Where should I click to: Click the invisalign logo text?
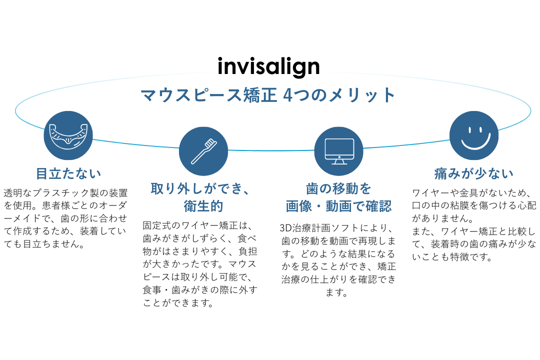(268, 66)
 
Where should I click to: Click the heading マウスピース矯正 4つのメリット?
(268, 94)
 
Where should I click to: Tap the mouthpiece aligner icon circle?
(68, 135)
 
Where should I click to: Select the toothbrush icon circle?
(203, 151)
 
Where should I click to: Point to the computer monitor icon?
(338, 151)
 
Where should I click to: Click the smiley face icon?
(473, 135)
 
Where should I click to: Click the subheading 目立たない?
(68, 173)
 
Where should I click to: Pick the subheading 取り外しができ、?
(203, 189)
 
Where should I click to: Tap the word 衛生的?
(203, 206)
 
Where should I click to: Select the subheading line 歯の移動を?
(338, 189)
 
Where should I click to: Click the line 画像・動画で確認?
(338, 206)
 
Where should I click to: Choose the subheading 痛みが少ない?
(473, 173)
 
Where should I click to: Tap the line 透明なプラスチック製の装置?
(65, 193)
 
